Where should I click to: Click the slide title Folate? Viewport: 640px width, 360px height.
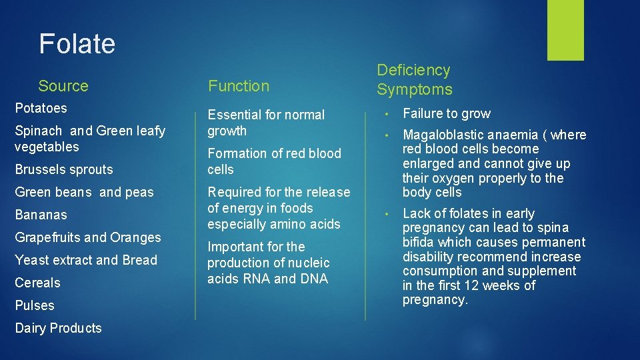(x=77, y=44)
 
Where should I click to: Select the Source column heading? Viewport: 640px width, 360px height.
(x=63, y=86)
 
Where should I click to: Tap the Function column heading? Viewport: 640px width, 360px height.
(x=239, y=86)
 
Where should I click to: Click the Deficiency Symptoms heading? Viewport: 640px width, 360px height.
(x=414, y=80)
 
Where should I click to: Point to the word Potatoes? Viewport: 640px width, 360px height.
(x=41, y=108)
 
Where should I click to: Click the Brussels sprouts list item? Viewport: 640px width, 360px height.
(x=64, y=170)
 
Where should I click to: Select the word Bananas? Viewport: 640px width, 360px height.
(x=41, y=215)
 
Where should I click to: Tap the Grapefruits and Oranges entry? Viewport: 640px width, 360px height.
(x=88, y=238)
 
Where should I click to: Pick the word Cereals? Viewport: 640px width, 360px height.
(x=37, y=283)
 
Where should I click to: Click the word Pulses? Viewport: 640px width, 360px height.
(x=35, y=306)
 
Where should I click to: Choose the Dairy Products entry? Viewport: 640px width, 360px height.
(x=58, y=329)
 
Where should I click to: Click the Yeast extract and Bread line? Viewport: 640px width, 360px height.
(x=86, y=261)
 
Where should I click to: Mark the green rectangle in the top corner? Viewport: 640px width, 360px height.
(x=565, y=30)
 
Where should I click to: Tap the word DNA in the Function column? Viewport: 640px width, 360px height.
(x=314, y=279)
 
